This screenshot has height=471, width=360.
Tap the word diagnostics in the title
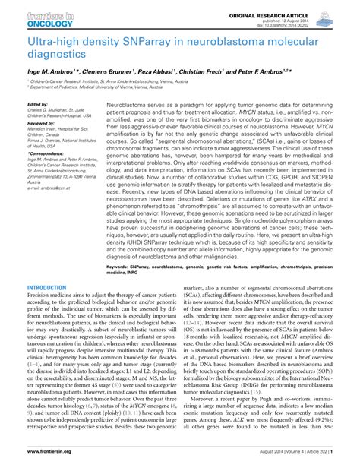coord(53,55)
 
